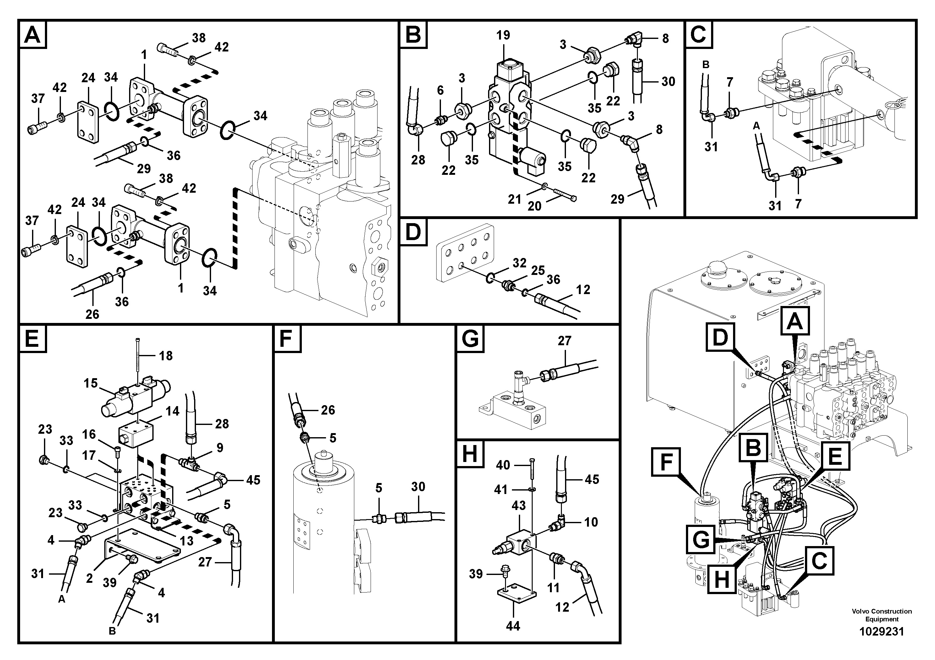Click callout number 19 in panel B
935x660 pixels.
(503, 35)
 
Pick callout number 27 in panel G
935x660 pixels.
(564, 341)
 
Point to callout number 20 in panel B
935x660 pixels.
(534, 206)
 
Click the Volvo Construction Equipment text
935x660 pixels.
(882, 615)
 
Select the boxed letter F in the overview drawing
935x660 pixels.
(666, 462)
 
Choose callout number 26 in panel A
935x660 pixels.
(92, 314)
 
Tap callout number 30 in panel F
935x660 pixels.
(418, 487)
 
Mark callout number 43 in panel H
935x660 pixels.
(519, 506)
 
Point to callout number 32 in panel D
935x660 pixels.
(519, 263)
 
